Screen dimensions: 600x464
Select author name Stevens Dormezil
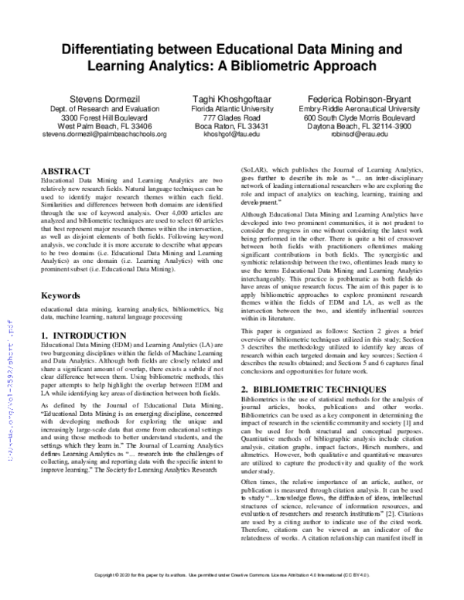click(x=103, y=99)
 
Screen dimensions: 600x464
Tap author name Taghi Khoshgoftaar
click(x=230, y=99)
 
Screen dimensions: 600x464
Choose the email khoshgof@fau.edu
click(x=230, y=134)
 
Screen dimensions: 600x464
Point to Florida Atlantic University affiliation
click(x=230, y=110)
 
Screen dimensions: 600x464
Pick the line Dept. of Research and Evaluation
click(x=103, y=110)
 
